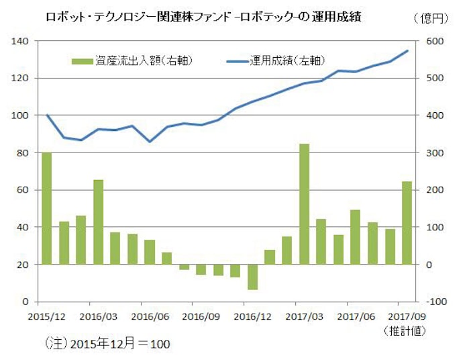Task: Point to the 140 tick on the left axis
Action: tap(18, 42)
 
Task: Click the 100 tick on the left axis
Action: tap(18, 116)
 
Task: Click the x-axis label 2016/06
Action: tap(149, 314)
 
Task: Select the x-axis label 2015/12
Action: tap(46, 314)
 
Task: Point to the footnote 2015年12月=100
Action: tap(108, 344)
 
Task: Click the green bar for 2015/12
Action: tap(47, 208)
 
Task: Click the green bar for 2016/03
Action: tap(99, 222)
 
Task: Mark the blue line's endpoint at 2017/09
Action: tap(407, 51)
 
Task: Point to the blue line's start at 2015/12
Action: tap(47, 115)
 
